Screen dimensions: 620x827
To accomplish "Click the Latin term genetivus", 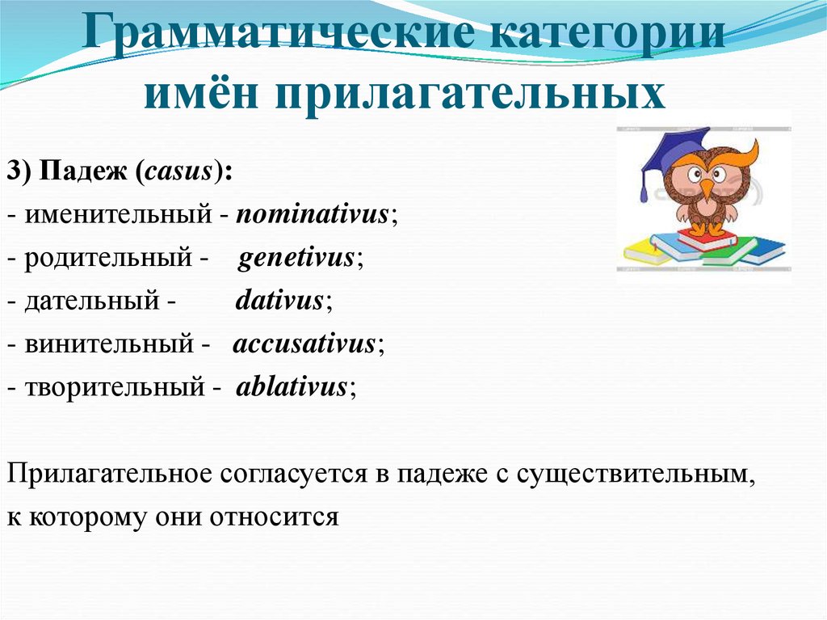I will pyautogui.click(x=297, y=257).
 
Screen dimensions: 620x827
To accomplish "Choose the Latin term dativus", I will pyautogui.click(x=279, y=300).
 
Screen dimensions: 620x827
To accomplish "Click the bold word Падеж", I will pyautogui.click(x=80, y=171).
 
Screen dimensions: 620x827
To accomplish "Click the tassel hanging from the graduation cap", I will pyautogui.click(x=644, y=185).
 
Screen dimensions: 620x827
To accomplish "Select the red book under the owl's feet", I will pyautogui.click(x=706, y=238).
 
